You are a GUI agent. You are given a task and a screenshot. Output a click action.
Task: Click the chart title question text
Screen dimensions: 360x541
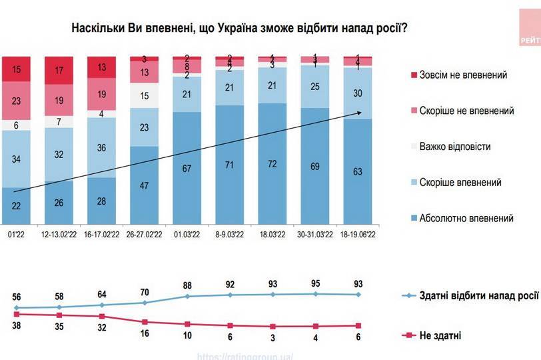pyautogui.click(x=240, y=29)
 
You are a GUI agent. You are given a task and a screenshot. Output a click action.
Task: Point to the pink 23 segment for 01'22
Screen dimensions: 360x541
pyautogui.click(x=15, y=100)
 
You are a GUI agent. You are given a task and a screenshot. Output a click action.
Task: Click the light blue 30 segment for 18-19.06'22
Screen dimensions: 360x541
pyautogui.click(x=358, y=93)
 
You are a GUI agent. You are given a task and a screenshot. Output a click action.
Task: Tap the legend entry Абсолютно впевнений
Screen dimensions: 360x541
pyautogui.click(x=465, y=218)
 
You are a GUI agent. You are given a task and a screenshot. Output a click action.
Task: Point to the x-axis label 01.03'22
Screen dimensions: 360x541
pyautogui.click(x=188, y=235)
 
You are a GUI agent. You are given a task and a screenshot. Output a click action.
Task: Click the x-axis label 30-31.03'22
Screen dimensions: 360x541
pyautogui.click(x=314, y=235)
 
